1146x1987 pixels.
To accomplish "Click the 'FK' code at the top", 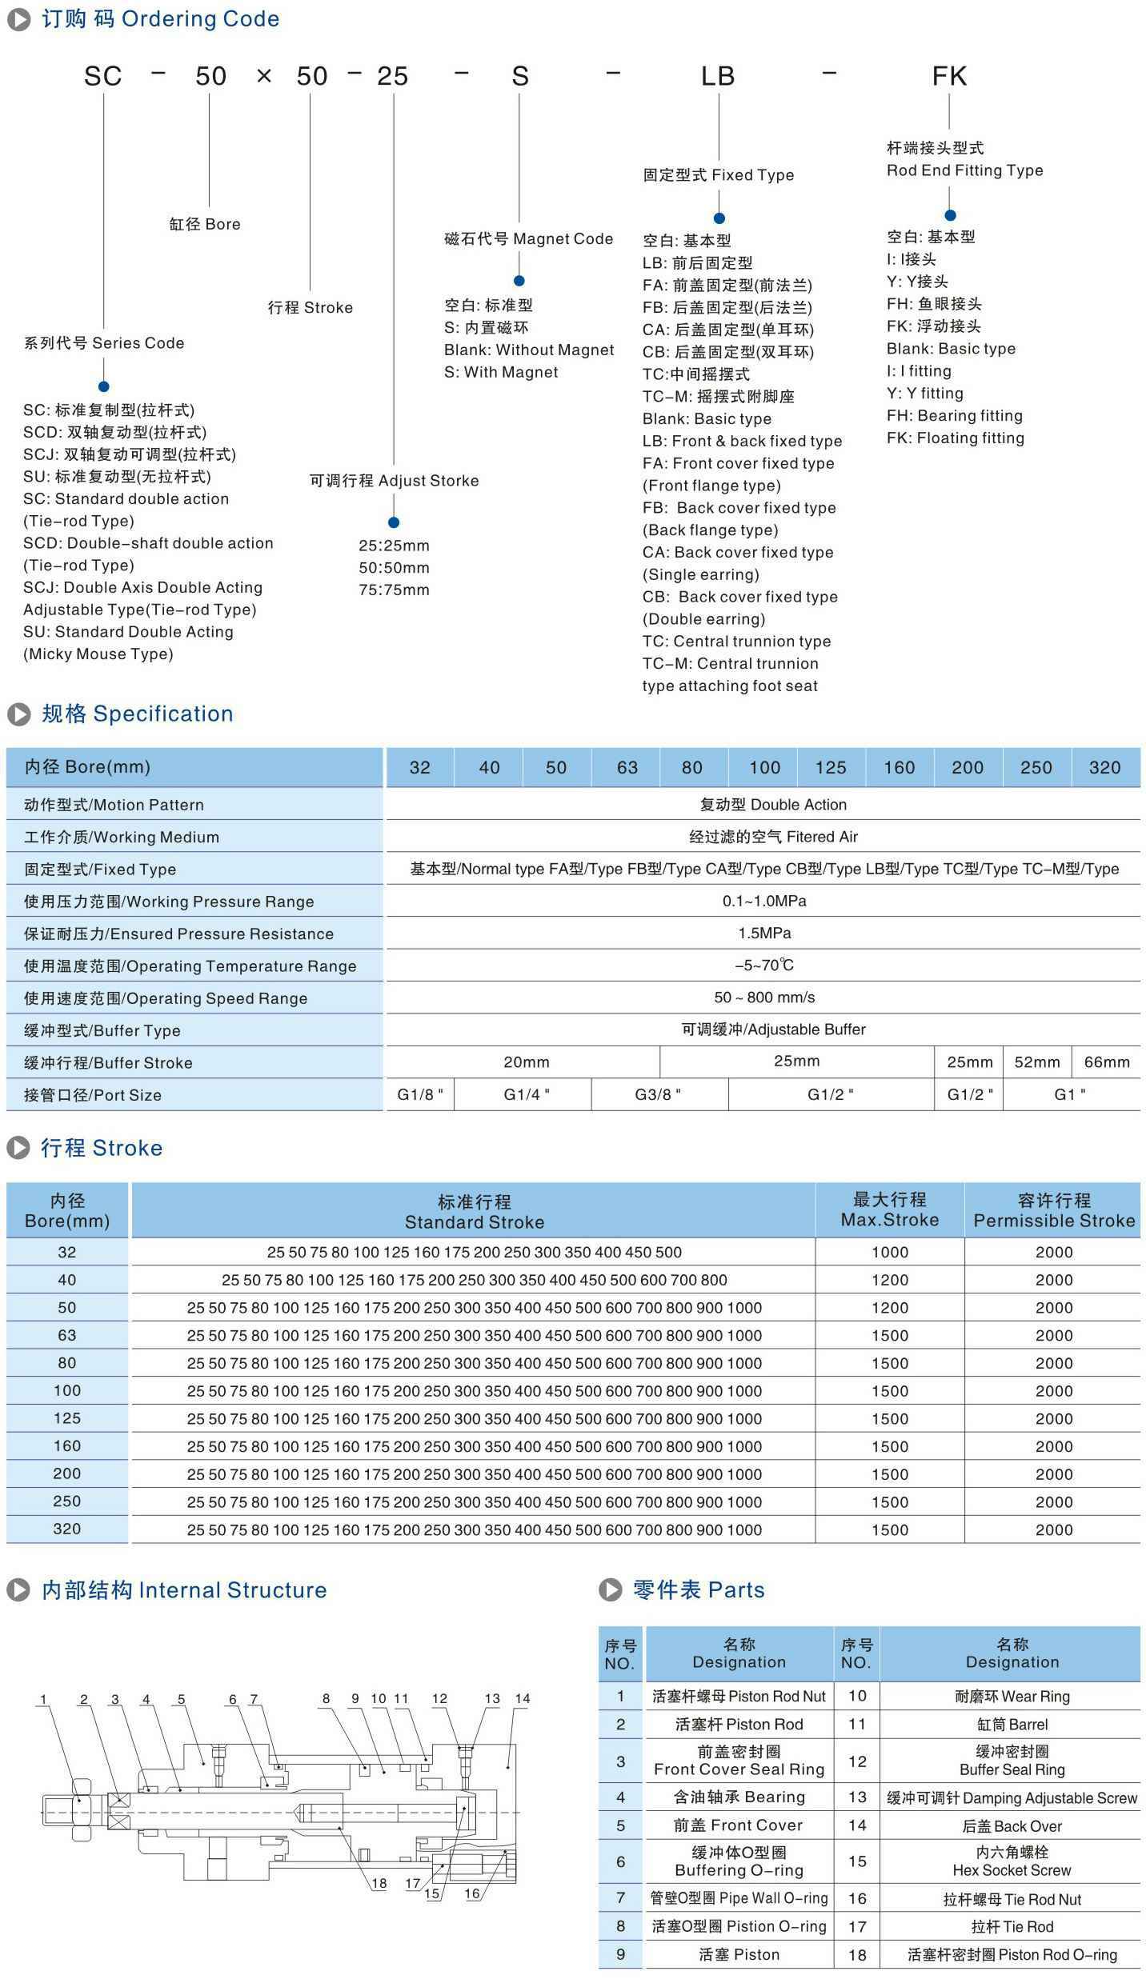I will [949, 76].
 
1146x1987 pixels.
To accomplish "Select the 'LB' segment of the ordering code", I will [718, 76].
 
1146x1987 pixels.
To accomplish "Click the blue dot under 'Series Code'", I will [103, 387].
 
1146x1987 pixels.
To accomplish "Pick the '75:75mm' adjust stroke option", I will [394, 590].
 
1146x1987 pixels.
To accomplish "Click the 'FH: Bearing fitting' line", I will [954, 416].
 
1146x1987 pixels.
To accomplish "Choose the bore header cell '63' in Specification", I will [627, 768].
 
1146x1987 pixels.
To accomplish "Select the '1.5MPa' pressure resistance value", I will [764, 934].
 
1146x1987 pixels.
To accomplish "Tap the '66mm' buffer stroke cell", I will [1107, 1062].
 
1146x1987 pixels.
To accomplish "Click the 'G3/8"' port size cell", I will [659, 1095].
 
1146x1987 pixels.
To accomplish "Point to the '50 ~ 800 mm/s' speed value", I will [764, 997].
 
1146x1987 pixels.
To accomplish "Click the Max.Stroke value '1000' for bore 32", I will [890, 1253].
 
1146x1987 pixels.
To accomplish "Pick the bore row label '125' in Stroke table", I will [67, 1418].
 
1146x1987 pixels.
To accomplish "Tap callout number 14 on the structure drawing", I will [523, 1699].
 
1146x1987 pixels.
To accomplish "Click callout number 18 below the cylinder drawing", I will [379, 1884].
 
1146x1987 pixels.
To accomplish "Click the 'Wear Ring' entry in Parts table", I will [1012, 1697].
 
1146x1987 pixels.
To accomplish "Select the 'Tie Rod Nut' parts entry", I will [1012, 1899].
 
